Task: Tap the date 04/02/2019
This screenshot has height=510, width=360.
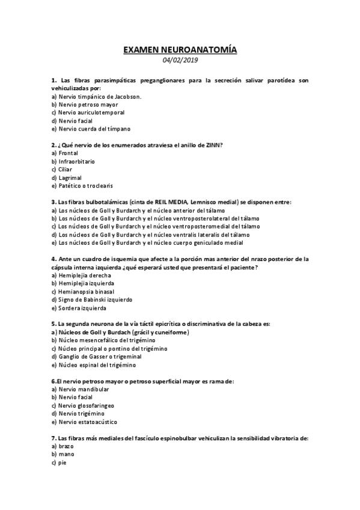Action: pos(180,60)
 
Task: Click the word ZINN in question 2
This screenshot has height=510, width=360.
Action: pos(211,145)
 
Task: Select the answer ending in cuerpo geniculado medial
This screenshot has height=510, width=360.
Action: pos(138,243)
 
